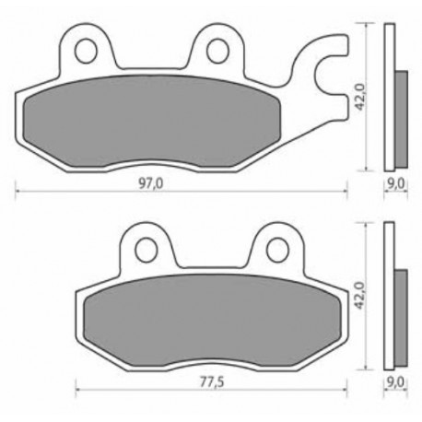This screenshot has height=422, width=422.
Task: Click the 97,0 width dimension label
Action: point(151,183)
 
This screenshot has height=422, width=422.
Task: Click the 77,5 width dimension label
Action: point(212,382)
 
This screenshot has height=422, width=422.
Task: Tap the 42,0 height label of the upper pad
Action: point(359,97)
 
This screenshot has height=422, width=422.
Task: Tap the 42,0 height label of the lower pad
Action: point(359,296)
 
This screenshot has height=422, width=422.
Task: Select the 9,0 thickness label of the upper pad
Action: point(396,183)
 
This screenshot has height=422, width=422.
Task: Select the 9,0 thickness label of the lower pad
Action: point(396,382)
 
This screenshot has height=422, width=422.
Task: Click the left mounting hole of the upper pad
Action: point(86,51)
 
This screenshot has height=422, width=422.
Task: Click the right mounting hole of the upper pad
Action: point(218,51)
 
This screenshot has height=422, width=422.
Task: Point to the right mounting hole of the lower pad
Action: point(278,250)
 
